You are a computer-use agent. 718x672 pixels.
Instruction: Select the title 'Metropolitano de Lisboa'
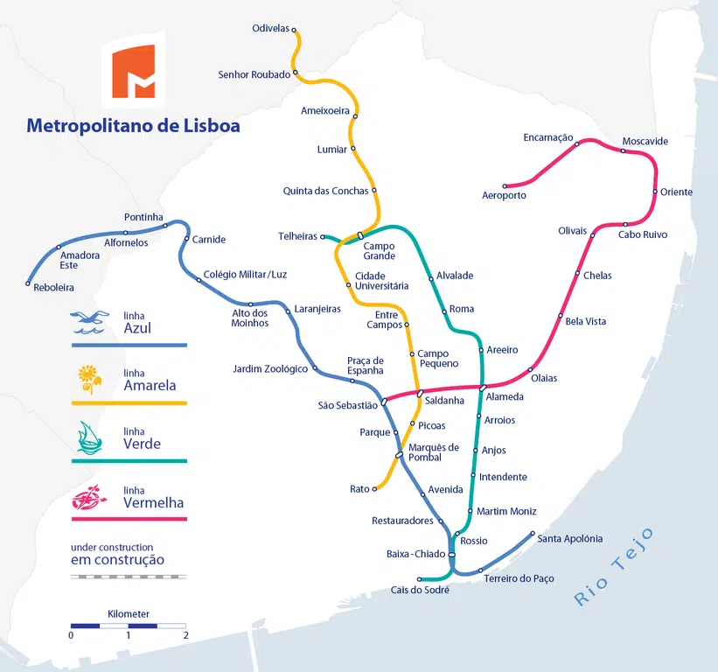tap(133, 126)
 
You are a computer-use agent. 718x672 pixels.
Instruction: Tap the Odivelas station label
tap(270, 28)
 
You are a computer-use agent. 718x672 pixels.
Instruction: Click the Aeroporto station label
tap(504, 196)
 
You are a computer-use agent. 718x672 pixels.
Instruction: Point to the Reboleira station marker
tap(29, 283)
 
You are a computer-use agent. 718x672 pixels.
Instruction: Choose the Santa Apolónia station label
tap(569, 539)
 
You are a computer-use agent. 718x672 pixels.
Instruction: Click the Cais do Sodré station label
tap(420, 591)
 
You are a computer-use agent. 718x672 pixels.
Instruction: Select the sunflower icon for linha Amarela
tap(89, 379)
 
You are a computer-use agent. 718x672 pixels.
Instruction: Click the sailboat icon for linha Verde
tap(90, 437)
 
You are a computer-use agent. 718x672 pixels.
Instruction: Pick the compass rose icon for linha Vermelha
tap(90, 497)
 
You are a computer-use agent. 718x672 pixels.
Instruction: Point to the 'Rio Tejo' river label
tap(613, 567)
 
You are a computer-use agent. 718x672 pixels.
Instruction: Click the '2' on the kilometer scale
tap(185, 635)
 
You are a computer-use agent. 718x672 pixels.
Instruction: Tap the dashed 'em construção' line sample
tap(129, 577)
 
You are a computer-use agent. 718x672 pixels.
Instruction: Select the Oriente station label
tap(676, 192)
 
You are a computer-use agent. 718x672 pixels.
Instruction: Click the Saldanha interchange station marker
tap(420, 393)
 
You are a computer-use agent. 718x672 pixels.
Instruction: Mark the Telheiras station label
tap(297, 236)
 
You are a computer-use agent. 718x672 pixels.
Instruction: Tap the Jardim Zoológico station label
tap(270, 369)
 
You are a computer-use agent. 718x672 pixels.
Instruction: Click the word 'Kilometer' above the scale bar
tap(129, 614)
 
